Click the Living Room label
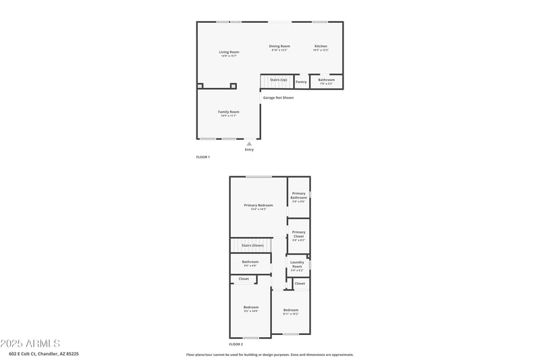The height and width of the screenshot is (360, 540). point(229,52)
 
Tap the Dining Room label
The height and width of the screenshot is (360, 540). point(279,46)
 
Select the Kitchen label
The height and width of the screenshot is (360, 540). point(321,46)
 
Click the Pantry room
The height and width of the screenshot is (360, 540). point(301,82)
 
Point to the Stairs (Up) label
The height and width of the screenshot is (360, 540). point(279,80)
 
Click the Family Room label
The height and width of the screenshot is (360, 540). point(228,112)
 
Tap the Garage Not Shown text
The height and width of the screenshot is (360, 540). point(278,97)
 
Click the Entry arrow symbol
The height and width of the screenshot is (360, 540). point(249,143)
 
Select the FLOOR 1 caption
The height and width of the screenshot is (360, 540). point(203,157)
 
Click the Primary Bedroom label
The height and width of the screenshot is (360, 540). point(259,205)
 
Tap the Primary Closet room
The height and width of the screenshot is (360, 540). point(298,234)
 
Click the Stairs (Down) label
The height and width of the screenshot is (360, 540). point(252,245)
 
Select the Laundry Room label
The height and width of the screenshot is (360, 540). point(297,264)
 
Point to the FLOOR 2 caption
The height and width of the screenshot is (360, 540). point(236,344)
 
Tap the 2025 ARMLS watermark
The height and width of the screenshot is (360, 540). point(30,344)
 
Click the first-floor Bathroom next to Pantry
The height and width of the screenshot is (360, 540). point(326,80)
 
